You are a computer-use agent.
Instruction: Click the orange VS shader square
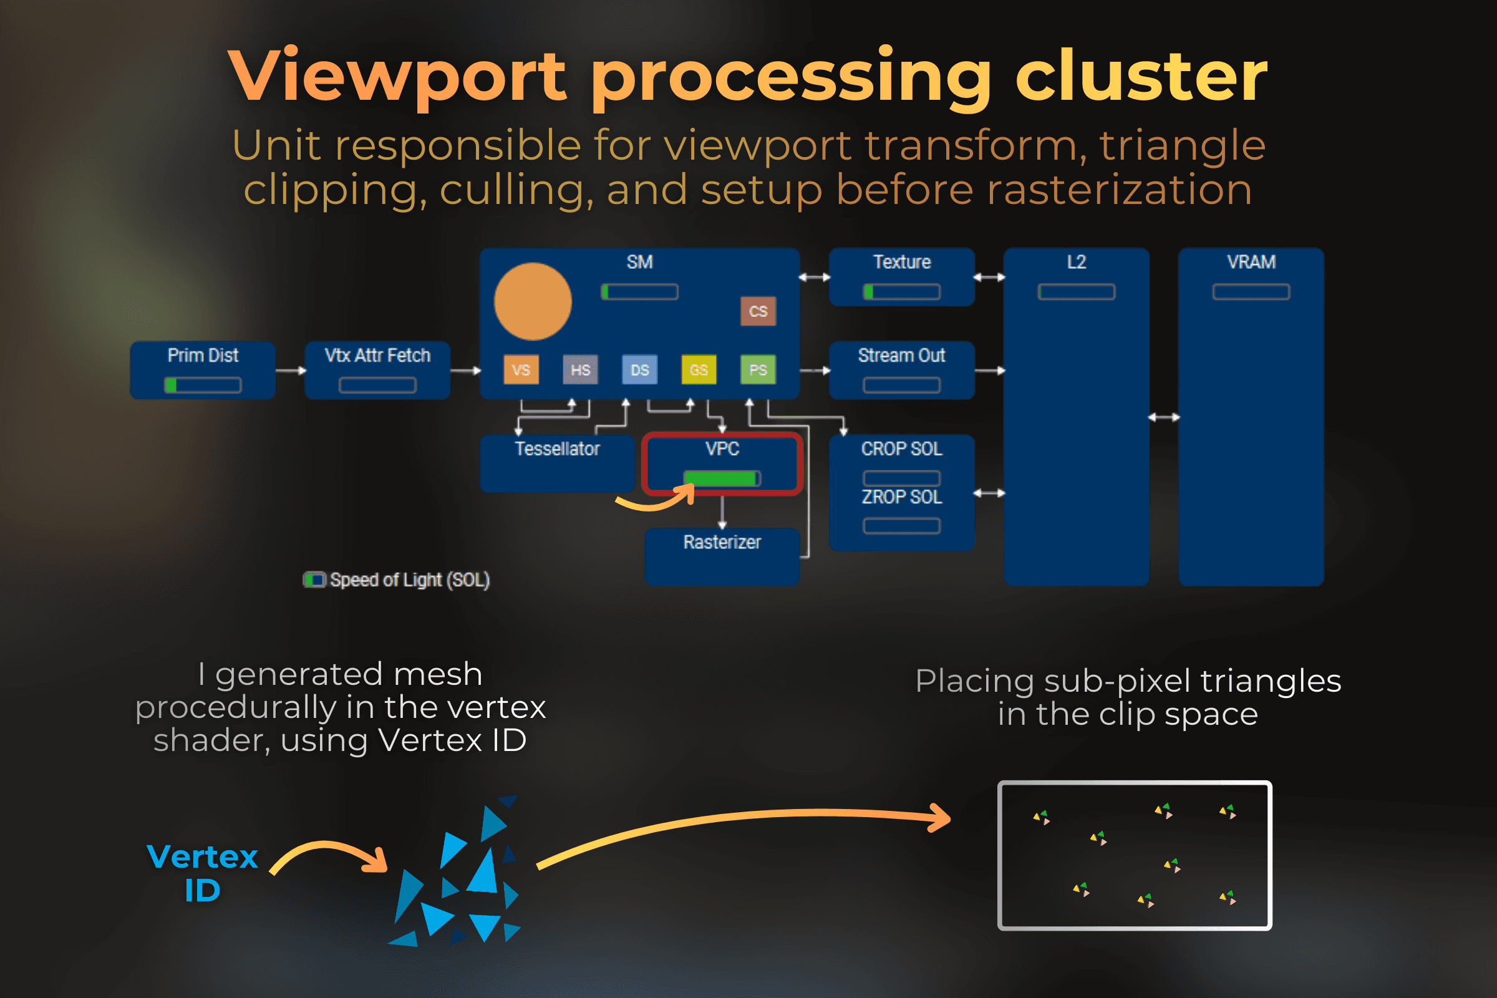tap(521, 370)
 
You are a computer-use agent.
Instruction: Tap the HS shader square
tap(580, 370)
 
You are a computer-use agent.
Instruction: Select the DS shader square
tap(639, 370)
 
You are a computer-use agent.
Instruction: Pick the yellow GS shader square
tap(698, 370)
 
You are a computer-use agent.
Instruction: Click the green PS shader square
tap(757, 370)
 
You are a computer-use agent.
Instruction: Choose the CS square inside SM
tap(757, 311)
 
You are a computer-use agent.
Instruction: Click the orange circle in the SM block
tap(533, 301)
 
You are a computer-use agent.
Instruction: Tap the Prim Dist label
tap(202, 355)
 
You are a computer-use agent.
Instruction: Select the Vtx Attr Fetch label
tap(377, 355)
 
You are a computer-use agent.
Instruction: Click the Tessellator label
tap(557, 448)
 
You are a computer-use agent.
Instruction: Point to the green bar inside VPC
tap(721, 478)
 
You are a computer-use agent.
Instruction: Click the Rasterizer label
tap(722, 542)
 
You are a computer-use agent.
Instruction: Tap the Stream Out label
tap(901, 355)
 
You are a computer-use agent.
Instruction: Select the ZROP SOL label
tap(901, 497)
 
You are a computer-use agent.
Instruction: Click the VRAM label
tap(1251, 262)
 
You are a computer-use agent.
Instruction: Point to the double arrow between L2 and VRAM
tap(1163, 417)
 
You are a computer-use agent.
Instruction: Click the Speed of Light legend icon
tap(314, 580)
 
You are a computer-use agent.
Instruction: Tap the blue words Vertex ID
tap(202, 873)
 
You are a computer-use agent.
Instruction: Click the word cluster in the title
tap(1141, 76)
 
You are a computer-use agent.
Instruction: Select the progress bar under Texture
tap(901, 292)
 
